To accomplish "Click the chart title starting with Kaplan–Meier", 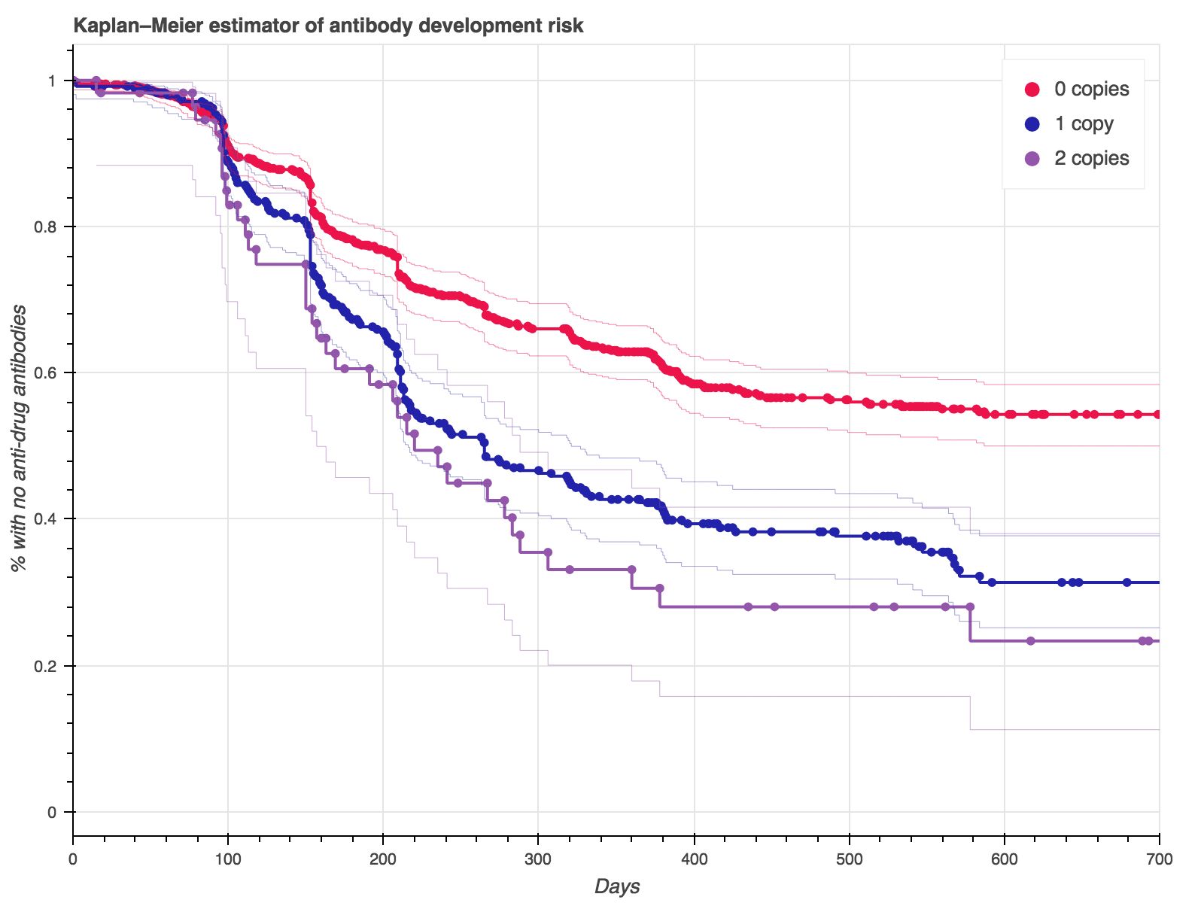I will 328,26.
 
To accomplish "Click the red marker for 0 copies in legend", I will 1033,90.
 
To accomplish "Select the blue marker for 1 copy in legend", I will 1033,123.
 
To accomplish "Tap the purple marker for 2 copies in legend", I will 1033,158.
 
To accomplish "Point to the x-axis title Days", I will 616,886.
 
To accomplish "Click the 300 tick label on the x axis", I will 538,859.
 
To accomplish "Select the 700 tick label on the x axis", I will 1159,859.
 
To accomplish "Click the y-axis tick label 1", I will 52,81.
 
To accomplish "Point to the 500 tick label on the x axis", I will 849,859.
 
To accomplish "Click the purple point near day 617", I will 1031,641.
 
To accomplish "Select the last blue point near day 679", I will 1126,582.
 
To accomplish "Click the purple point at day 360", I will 631,570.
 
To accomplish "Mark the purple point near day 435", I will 748,607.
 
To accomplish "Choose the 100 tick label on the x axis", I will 228,859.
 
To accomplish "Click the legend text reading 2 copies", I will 1091,158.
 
